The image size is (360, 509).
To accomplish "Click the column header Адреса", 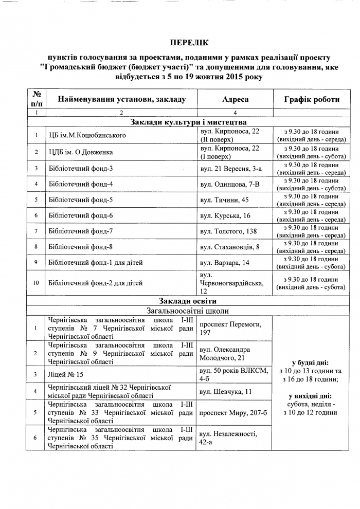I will [x=235, y=100].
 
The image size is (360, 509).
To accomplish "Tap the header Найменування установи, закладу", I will [x=121, y=100].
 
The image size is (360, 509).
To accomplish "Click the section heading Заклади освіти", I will [x=188, y=301].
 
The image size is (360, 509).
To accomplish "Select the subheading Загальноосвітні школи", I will [x=188, y=311].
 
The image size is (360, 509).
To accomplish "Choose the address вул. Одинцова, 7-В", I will [x=229, y=184].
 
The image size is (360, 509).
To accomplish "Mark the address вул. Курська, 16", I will [x=225, y=215].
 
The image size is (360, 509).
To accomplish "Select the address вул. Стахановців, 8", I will [x=229, y=247].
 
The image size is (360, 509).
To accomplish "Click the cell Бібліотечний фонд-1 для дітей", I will [x=95, y=263].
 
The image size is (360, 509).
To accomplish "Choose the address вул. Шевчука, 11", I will [x=226, y=392].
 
